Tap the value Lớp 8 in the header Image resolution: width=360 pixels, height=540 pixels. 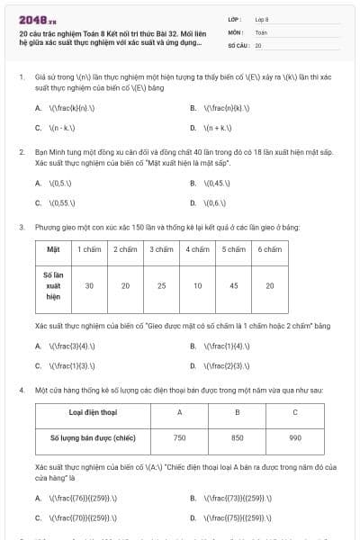[262, 18]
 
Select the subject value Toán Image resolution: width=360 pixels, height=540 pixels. [261, 31]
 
